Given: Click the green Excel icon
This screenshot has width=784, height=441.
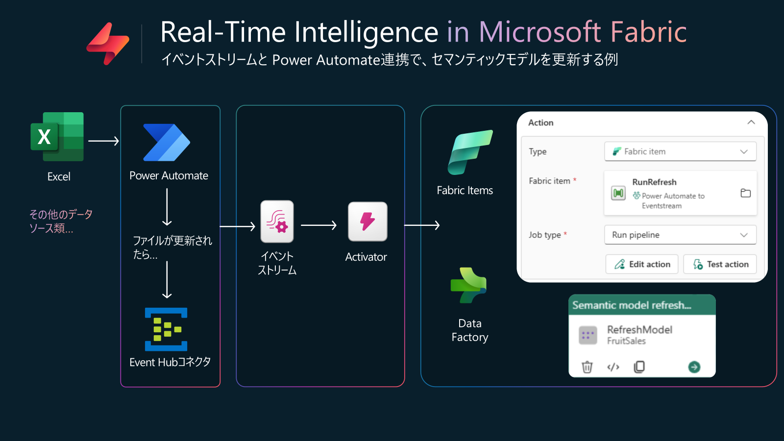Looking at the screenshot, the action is [57, 137].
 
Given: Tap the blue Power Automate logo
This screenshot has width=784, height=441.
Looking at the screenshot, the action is [167, 143].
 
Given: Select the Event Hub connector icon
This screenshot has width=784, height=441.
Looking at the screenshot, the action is [166, 329].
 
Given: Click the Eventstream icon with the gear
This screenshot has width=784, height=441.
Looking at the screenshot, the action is [277, 221].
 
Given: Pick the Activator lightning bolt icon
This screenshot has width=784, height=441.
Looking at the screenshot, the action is [367, 221].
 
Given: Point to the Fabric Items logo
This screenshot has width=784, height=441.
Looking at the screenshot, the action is [470, 152].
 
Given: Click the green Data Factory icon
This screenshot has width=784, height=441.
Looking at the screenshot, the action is [468, 285].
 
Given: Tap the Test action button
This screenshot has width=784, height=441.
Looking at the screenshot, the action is [720, 264].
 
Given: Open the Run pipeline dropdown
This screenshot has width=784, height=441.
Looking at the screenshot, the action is [680, 235].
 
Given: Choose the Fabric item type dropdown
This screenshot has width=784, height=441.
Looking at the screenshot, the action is [680, 151].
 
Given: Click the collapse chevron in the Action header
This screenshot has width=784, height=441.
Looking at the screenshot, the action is [751, 122].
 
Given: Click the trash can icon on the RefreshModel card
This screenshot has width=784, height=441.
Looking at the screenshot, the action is [587, 367].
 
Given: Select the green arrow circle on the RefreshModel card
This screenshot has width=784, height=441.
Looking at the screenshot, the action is [694, 367].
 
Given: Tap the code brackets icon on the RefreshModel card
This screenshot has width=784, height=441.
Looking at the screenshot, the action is [613, 367].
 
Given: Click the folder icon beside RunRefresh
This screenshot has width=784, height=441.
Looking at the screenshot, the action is [745, 193].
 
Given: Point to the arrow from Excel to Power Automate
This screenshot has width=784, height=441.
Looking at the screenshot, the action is [103, 141].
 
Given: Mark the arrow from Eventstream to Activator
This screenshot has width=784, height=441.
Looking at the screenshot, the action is [319, 225].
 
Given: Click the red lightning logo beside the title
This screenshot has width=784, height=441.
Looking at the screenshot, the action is [108, 44].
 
